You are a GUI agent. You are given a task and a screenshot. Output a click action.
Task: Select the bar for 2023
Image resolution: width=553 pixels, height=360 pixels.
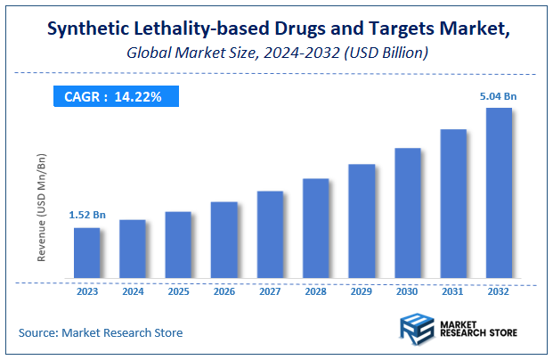click(x=86, y=254)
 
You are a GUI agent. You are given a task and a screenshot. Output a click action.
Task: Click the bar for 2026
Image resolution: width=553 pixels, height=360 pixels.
click(x=224, y=241)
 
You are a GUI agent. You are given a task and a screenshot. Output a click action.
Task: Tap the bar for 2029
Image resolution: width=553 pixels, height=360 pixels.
click(x=361, y=222)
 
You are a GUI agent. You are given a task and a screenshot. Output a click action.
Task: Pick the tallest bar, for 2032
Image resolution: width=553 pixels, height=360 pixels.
click(x=499, y=193)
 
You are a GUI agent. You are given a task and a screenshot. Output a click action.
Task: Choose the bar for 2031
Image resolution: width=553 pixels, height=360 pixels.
click(x=452, y=204)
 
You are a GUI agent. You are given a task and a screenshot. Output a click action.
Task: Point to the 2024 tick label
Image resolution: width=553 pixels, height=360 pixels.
click(x=132, y=290)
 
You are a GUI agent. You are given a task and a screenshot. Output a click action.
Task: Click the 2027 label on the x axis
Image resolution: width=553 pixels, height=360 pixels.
click(x=270, y=290)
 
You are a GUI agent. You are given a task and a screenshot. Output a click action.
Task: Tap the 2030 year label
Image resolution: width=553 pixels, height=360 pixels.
click(x=407, y=290)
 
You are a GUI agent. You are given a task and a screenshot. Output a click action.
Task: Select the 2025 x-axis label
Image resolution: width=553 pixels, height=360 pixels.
click(x=178, y=290)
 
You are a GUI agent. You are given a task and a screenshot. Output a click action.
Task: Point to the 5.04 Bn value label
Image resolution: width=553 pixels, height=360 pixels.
click(x=499, y=95)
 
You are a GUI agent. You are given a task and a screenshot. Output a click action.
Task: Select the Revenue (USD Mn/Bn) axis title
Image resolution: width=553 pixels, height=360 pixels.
click(x=42, y=208)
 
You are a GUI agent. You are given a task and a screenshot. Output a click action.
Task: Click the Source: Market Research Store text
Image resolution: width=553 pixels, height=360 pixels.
click(x=100, y=332)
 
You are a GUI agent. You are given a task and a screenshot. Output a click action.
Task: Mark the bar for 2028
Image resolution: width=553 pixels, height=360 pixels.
click(x=315, y=229)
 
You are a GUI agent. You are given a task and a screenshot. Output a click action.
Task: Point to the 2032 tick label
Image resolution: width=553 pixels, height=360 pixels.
click(x=499, y=290)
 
